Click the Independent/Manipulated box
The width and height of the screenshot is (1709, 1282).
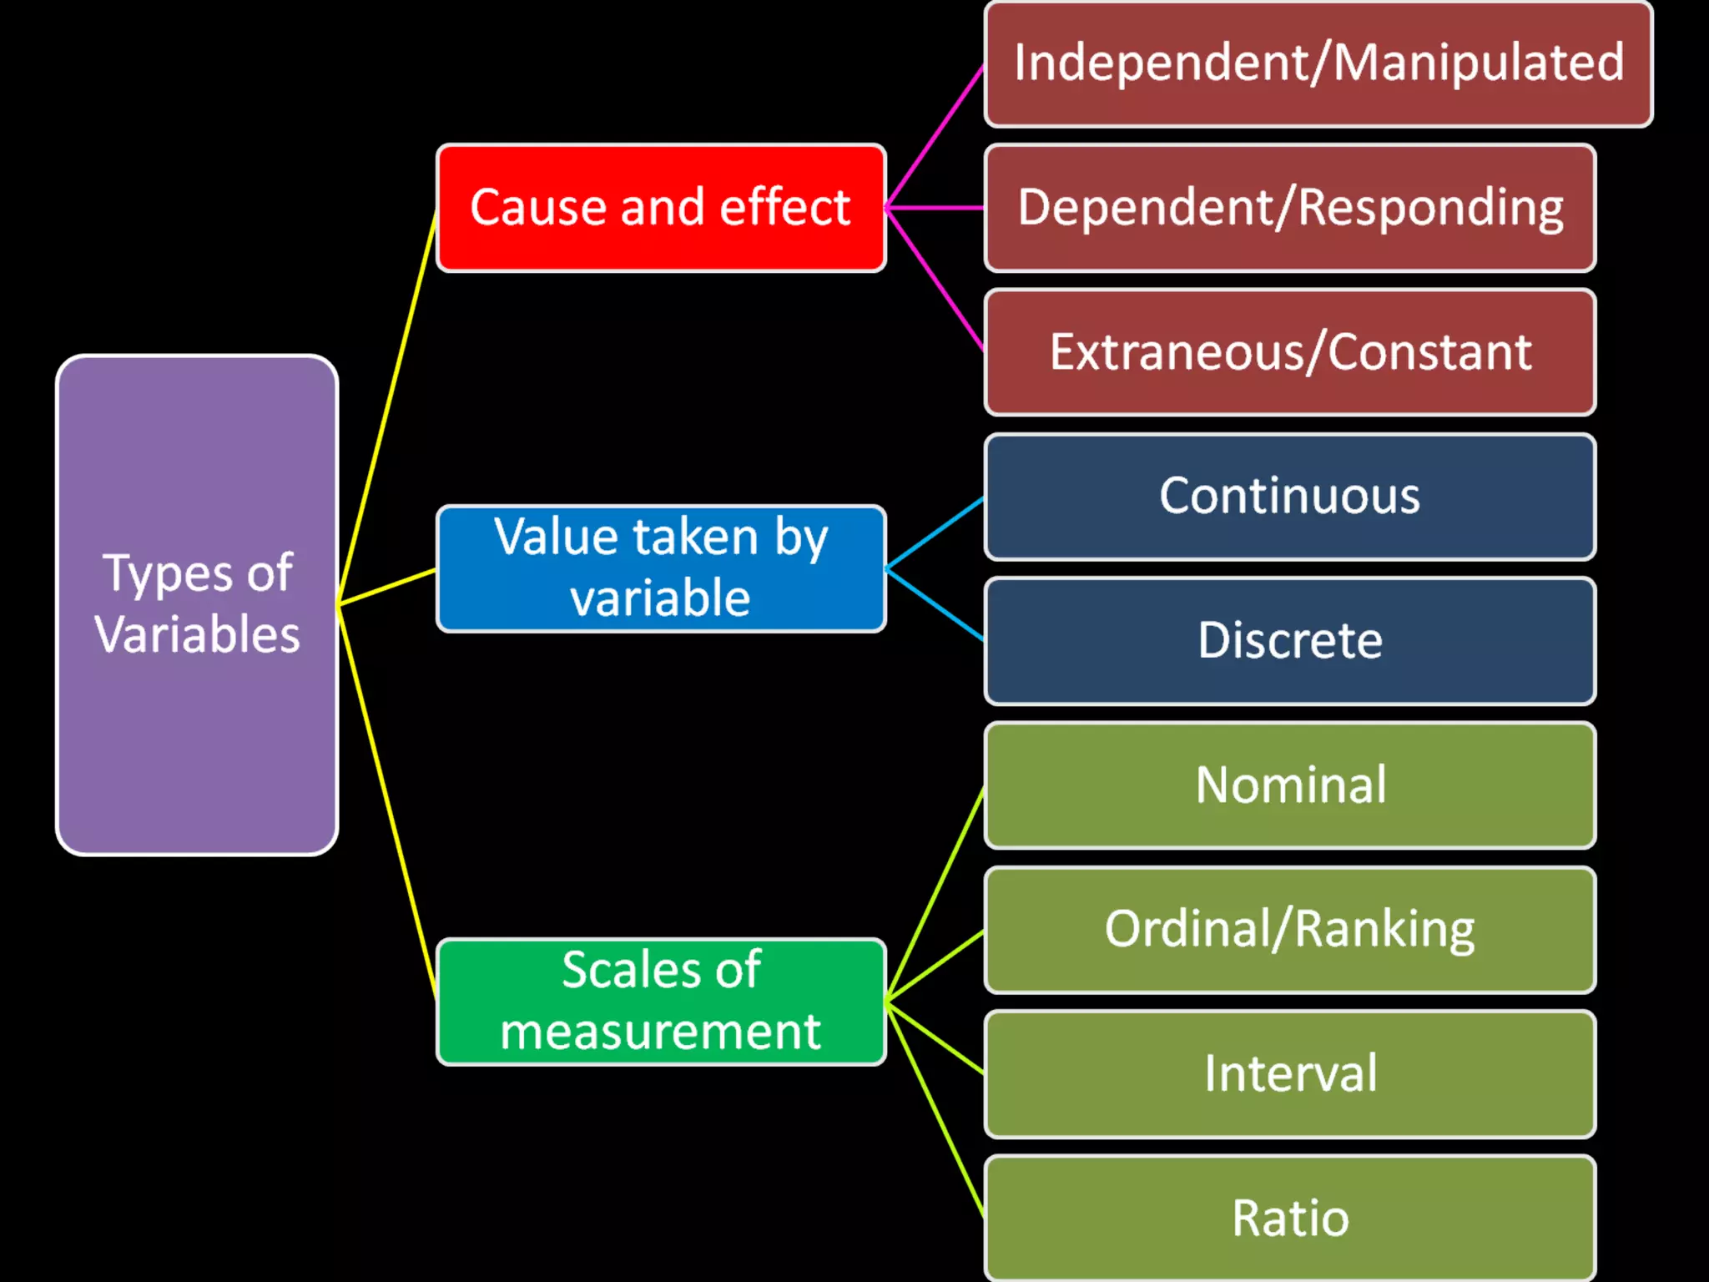click(1318, 63)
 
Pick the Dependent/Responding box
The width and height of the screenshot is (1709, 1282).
click(1290, 208)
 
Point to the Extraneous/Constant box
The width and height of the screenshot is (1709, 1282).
click(1290, 352)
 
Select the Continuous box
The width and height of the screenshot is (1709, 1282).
click(1290, 497)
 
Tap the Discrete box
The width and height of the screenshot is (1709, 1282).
click(1290, 641)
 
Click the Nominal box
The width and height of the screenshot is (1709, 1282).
click(1290, 785)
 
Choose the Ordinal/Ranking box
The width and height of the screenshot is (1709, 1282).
click(1290, 930)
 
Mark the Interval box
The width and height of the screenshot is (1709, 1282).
click(1290, 1074)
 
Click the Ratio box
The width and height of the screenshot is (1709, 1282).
click(1290, 1218)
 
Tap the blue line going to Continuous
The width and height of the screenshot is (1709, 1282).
click(935, 532)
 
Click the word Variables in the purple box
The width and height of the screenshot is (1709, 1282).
click(197, 635)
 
